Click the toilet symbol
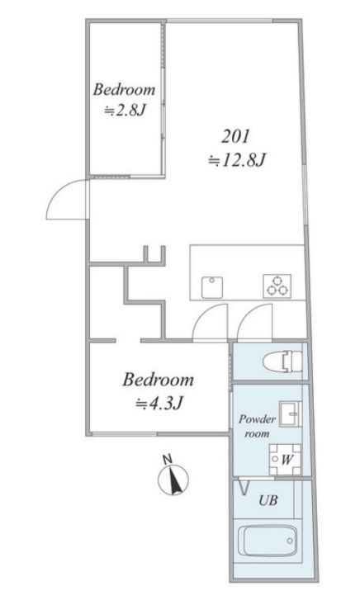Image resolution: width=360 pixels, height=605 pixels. (x=282, y=362)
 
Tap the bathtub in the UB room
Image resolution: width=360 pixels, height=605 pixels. (x=268, y=541)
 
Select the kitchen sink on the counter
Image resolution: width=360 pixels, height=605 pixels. (x=212, y=287)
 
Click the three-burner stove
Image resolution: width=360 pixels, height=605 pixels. (x=277, y=286)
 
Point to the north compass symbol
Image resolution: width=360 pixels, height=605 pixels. (x=173, y=479)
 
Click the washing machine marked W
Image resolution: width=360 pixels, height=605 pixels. (x=285, y=459)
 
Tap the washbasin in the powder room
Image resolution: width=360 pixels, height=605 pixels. (x=291, y=414)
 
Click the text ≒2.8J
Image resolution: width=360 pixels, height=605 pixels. (x=124, y=111)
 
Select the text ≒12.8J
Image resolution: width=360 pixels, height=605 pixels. (x=236, y=159)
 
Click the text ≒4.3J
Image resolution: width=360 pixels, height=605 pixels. (x=159, y=404)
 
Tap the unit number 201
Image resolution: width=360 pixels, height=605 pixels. (x=235, y=136)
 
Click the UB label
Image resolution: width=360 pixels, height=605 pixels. (x=268, y=500)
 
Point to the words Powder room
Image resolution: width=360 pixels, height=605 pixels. (x=257, y=426)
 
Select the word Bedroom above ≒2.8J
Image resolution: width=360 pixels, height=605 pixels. (x=124, y=89)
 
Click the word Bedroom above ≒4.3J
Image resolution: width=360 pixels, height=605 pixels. (x=159, y=380)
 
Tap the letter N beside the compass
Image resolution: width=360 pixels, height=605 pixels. (x=167, y=459)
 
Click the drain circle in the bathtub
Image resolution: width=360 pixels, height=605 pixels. (x=290, y=541)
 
